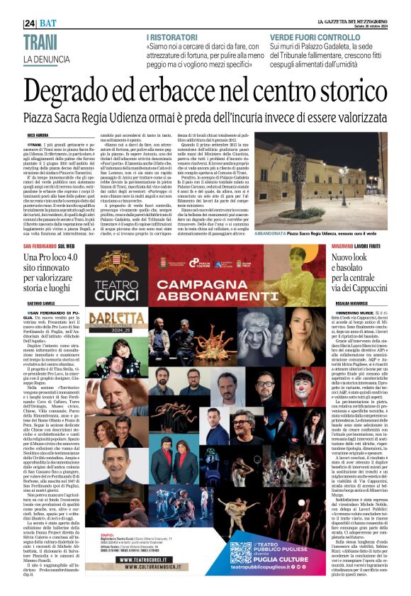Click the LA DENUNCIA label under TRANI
point(49,58)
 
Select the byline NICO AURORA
point(38,133)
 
